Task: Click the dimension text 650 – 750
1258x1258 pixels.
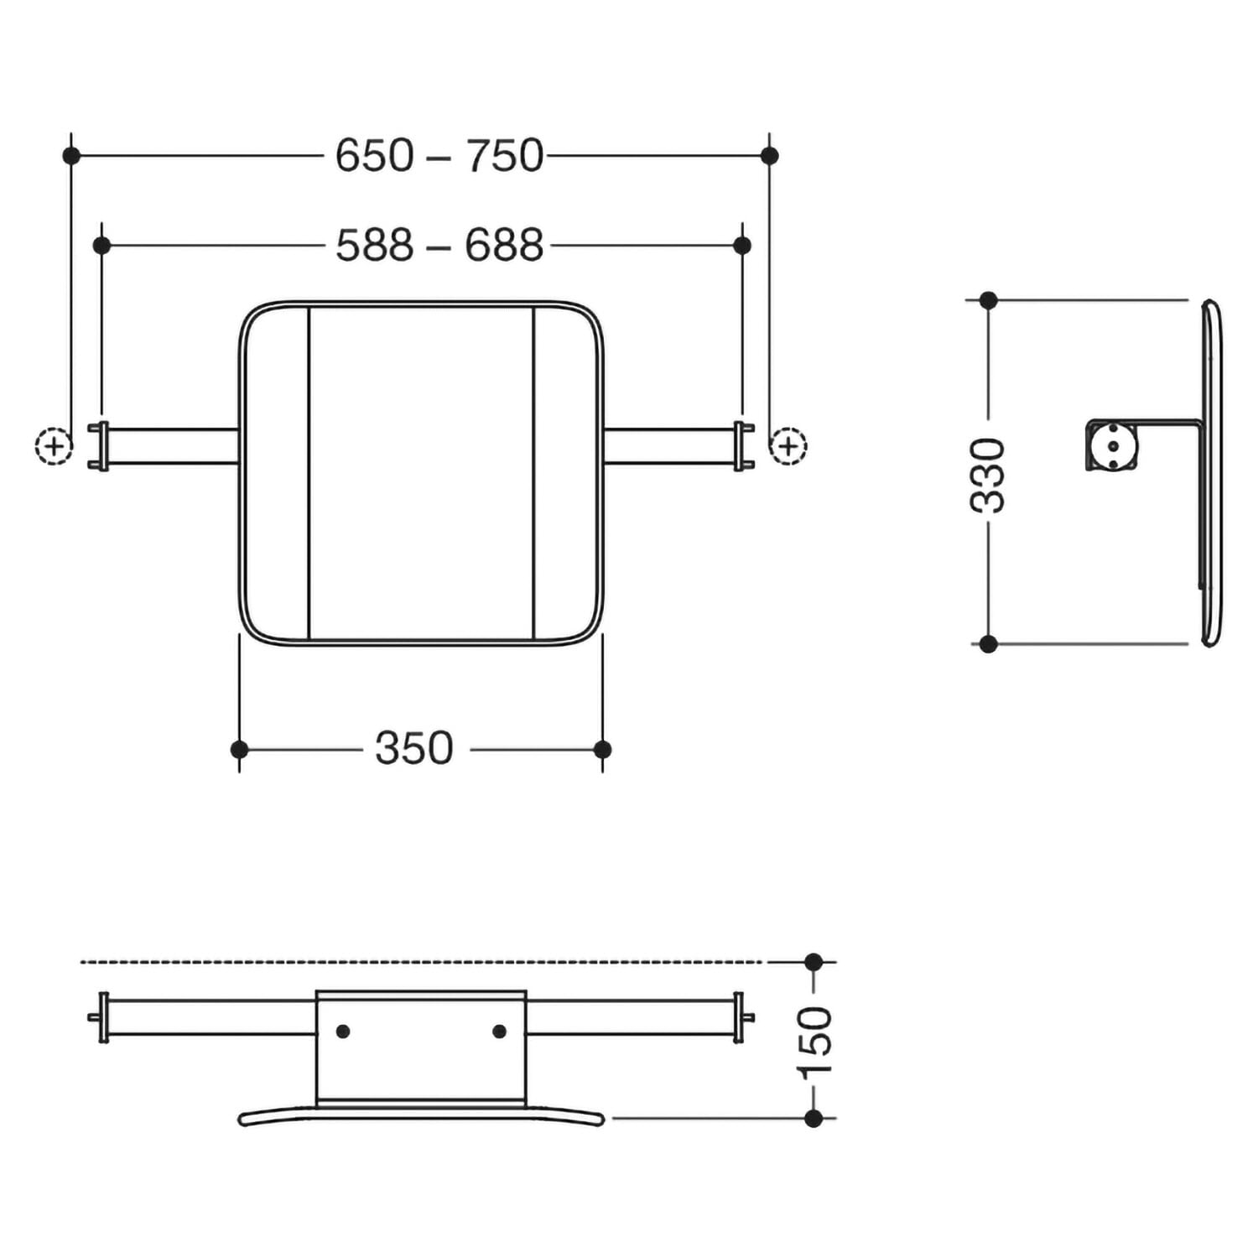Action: coord(439,156)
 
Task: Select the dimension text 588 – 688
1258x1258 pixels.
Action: coord(439,246)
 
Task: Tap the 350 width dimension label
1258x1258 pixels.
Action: coord(414,749)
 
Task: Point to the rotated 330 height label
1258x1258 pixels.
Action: coord(988,475)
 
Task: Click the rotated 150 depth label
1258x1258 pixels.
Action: coord(814,1042)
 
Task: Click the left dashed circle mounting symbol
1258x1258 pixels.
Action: coord(55,445)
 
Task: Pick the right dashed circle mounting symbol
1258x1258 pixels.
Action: coord(788,445)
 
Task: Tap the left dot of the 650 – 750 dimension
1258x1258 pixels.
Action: coord(71,155)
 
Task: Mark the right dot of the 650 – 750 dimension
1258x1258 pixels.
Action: coord(770,155)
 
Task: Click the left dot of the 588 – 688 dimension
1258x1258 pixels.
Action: coord(101,246)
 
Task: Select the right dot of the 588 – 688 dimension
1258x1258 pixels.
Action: coord(742,246)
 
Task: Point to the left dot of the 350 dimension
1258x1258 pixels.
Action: coord(239,749)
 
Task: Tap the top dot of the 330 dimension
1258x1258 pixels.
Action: coord(989,300)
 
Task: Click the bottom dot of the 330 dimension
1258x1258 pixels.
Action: coord(989,644)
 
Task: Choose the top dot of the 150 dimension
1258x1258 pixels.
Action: coord(814,962)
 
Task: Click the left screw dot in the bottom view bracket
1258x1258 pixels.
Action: coord(342,1032)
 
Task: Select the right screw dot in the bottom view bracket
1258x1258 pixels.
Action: coord(499,1032)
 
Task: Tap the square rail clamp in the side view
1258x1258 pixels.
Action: coord(1112,445)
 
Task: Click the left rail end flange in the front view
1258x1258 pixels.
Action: coord(102,446)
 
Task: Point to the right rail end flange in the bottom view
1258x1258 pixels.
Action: coord(740,1017)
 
